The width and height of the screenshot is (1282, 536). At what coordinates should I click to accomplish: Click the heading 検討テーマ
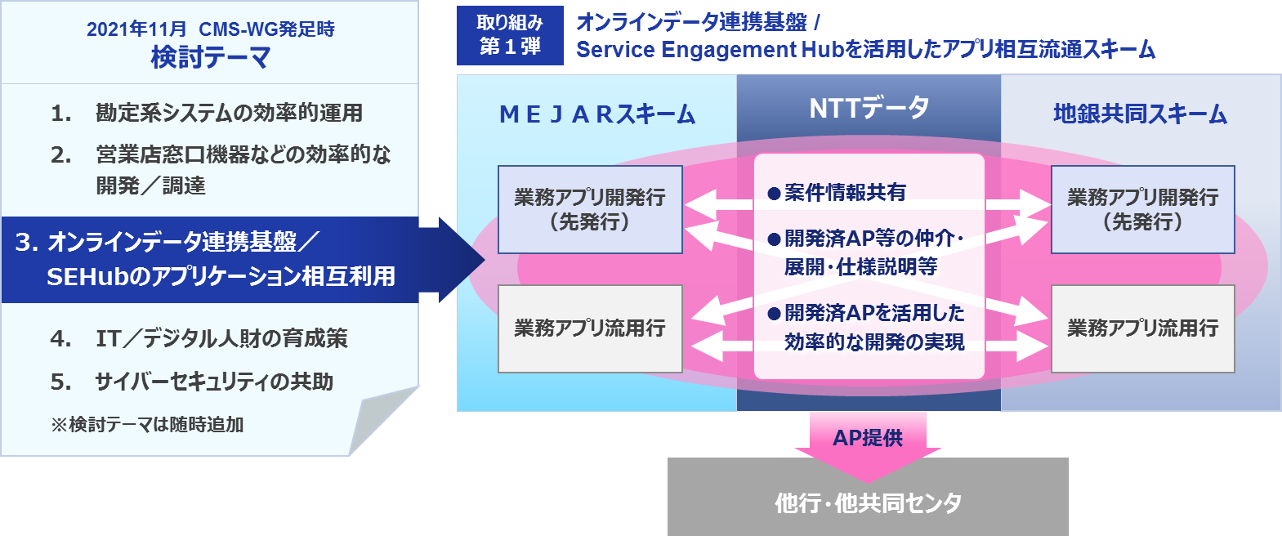210,58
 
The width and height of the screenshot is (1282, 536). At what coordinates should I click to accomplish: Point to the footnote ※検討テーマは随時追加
147,425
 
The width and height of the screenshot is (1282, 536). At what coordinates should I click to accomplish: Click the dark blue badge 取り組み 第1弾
510,35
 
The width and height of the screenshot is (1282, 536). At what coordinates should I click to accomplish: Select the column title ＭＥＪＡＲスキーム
597,114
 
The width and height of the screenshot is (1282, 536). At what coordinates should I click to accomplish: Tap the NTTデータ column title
869,108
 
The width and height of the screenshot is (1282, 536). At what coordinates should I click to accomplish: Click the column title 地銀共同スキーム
1140,114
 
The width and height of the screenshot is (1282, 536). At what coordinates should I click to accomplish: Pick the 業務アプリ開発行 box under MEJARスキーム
590,209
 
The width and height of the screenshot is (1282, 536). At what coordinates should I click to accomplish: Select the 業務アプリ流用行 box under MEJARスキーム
590,328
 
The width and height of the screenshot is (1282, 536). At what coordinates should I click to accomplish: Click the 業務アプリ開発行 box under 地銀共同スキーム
1142,209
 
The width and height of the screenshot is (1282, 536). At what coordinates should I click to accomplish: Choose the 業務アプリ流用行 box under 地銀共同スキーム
1142,328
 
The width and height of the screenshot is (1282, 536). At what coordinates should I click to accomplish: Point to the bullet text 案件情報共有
845,193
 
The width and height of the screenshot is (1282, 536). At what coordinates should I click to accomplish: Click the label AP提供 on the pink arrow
868,438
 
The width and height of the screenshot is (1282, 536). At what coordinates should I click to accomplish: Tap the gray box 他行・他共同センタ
868,502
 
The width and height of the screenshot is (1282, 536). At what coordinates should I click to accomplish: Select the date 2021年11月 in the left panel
136,29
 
